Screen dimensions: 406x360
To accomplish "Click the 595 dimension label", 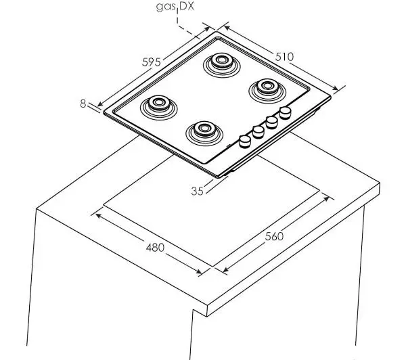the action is point(152,62).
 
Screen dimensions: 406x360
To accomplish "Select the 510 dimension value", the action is point(284,57).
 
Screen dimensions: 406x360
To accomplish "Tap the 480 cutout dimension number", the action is point(155,248).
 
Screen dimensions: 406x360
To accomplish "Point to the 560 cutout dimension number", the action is point(274,236).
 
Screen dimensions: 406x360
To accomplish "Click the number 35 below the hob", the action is point(198,191).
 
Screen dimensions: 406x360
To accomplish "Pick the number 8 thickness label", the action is point(83,104).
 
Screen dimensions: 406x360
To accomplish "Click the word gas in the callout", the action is point(166,7).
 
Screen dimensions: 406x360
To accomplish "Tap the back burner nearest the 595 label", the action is point(222,65).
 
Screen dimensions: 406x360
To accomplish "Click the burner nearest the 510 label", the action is point(267,89).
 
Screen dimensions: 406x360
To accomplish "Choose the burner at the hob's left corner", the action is point(159,107).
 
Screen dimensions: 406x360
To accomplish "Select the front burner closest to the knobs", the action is point(204,133).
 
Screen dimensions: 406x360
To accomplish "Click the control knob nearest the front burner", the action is point(245,141).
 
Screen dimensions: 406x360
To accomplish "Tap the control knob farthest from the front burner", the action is point(285,113).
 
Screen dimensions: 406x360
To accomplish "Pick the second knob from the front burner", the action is point(258,132).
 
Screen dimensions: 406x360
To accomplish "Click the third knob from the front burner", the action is point(271,122).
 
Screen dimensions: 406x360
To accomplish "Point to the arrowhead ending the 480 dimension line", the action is point(199,271).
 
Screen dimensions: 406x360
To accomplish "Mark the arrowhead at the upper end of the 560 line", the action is point(327,199).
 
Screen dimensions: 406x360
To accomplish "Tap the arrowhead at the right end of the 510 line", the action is point(336,89).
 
